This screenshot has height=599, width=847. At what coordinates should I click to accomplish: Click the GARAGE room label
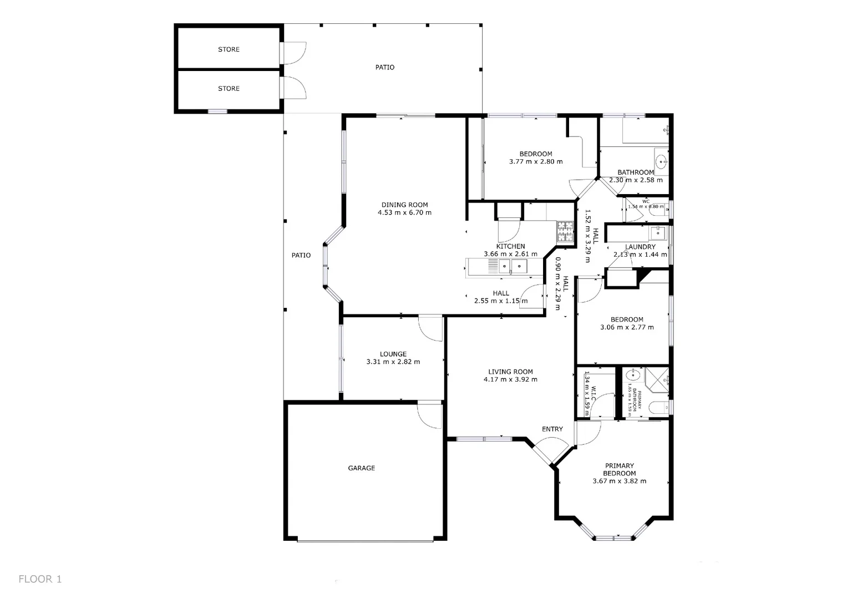pyautogui.click(x=361, y=468)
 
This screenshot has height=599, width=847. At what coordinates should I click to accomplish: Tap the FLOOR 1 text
pyautogui.click(x=40, y=579)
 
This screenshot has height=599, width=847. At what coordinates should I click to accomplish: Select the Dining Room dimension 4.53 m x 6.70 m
pyautogui.click(x=404, y=212)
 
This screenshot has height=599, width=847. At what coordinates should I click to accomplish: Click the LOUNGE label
pyautogui.click(x=393, y=354)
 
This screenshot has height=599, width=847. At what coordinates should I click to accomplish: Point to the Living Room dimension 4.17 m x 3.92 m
pyautogui.click(x=510, y=380)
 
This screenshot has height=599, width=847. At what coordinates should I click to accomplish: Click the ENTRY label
pyautogui.click(x=552, y=429)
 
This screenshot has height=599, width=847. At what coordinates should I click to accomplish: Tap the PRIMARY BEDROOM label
pyautogui.click(x=619, y=470)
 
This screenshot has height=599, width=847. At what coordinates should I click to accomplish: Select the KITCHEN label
pyautogui.click(x=510, y=246)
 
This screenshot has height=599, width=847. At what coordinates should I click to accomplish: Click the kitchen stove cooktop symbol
pyautogui.click(x=565, y=232)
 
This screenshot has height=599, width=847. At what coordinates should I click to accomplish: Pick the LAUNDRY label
pyautogui.click(x=640, y=247)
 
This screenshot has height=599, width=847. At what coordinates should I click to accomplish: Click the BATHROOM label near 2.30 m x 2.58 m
pyautogui.click(x=636, y=172)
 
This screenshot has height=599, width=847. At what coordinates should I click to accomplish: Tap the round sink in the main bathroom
pyautogui.click(x=661, y=162)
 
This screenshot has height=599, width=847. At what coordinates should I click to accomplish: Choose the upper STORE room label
pyautogui.click(x=229, y=49)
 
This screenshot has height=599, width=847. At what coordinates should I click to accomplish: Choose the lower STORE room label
pyautogui.click(x=229, y=89)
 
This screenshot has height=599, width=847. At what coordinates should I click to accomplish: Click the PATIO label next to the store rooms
pyautogui.click(x=384, y=67)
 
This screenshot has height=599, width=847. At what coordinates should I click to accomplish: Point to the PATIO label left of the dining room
pyautogui.click(x=301, y=255)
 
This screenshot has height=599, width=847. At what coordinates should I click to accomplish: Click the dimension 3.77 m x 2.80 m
pyautogui.click(x=535, y=162)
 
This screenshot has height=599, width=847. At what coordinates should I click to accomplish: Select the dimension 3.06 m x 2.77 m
pyautogui.click(x=627, y=327)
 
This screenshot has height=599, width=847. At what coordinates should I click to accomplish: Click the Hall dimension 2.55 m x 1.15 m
pyautogui.click(x=501, y=301)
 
